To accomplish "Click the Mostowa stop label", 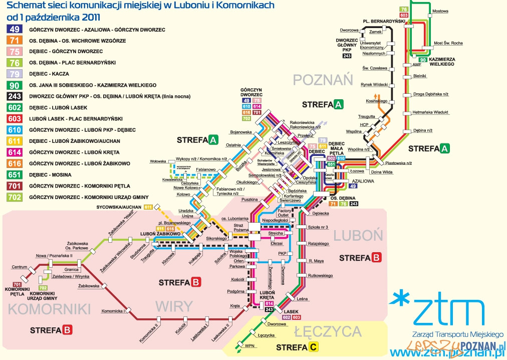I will (x=440, y=11).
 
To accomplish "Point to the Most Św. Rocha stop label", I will (x=448, y=43).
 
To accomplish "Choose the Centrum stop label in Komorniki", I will (x=19, y=267).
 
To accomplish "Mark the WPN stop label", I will (x=249, y=346).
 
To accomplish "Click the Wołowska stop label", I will (x=158, y=161).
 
